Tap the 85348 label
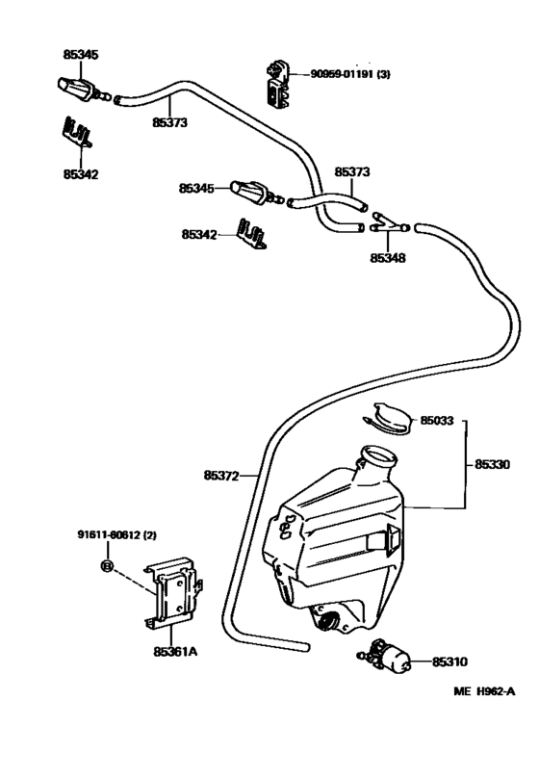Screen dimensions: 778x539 click(x=388, y=258)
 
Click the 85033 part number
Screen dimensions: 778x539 click(x=436, y=420)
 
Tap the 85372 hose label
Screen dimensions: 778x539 click(x=221, y=475)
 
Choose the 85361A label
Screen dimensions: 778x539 click(x=176, y=651)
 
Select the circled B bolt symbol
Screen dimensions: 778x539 click(x=108, y=564)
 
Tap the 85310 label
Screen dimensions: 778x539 click(x=449, y=661)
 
